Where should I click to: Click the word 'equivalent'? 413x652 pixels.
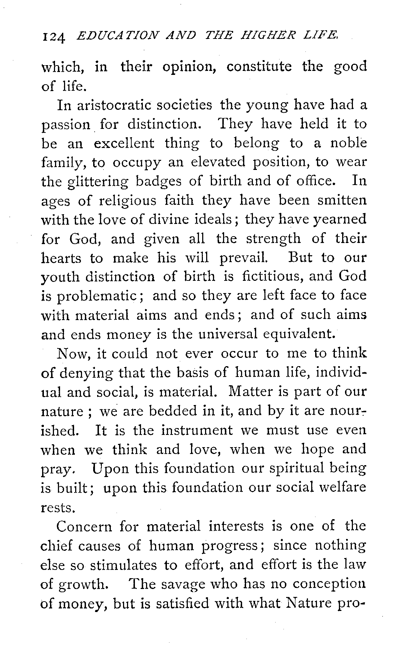point(300,334)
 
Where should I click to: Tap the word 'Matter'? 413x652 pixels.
point(251,391)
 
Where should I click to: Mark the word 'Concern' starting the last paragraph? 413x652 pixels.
point(85,526)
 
